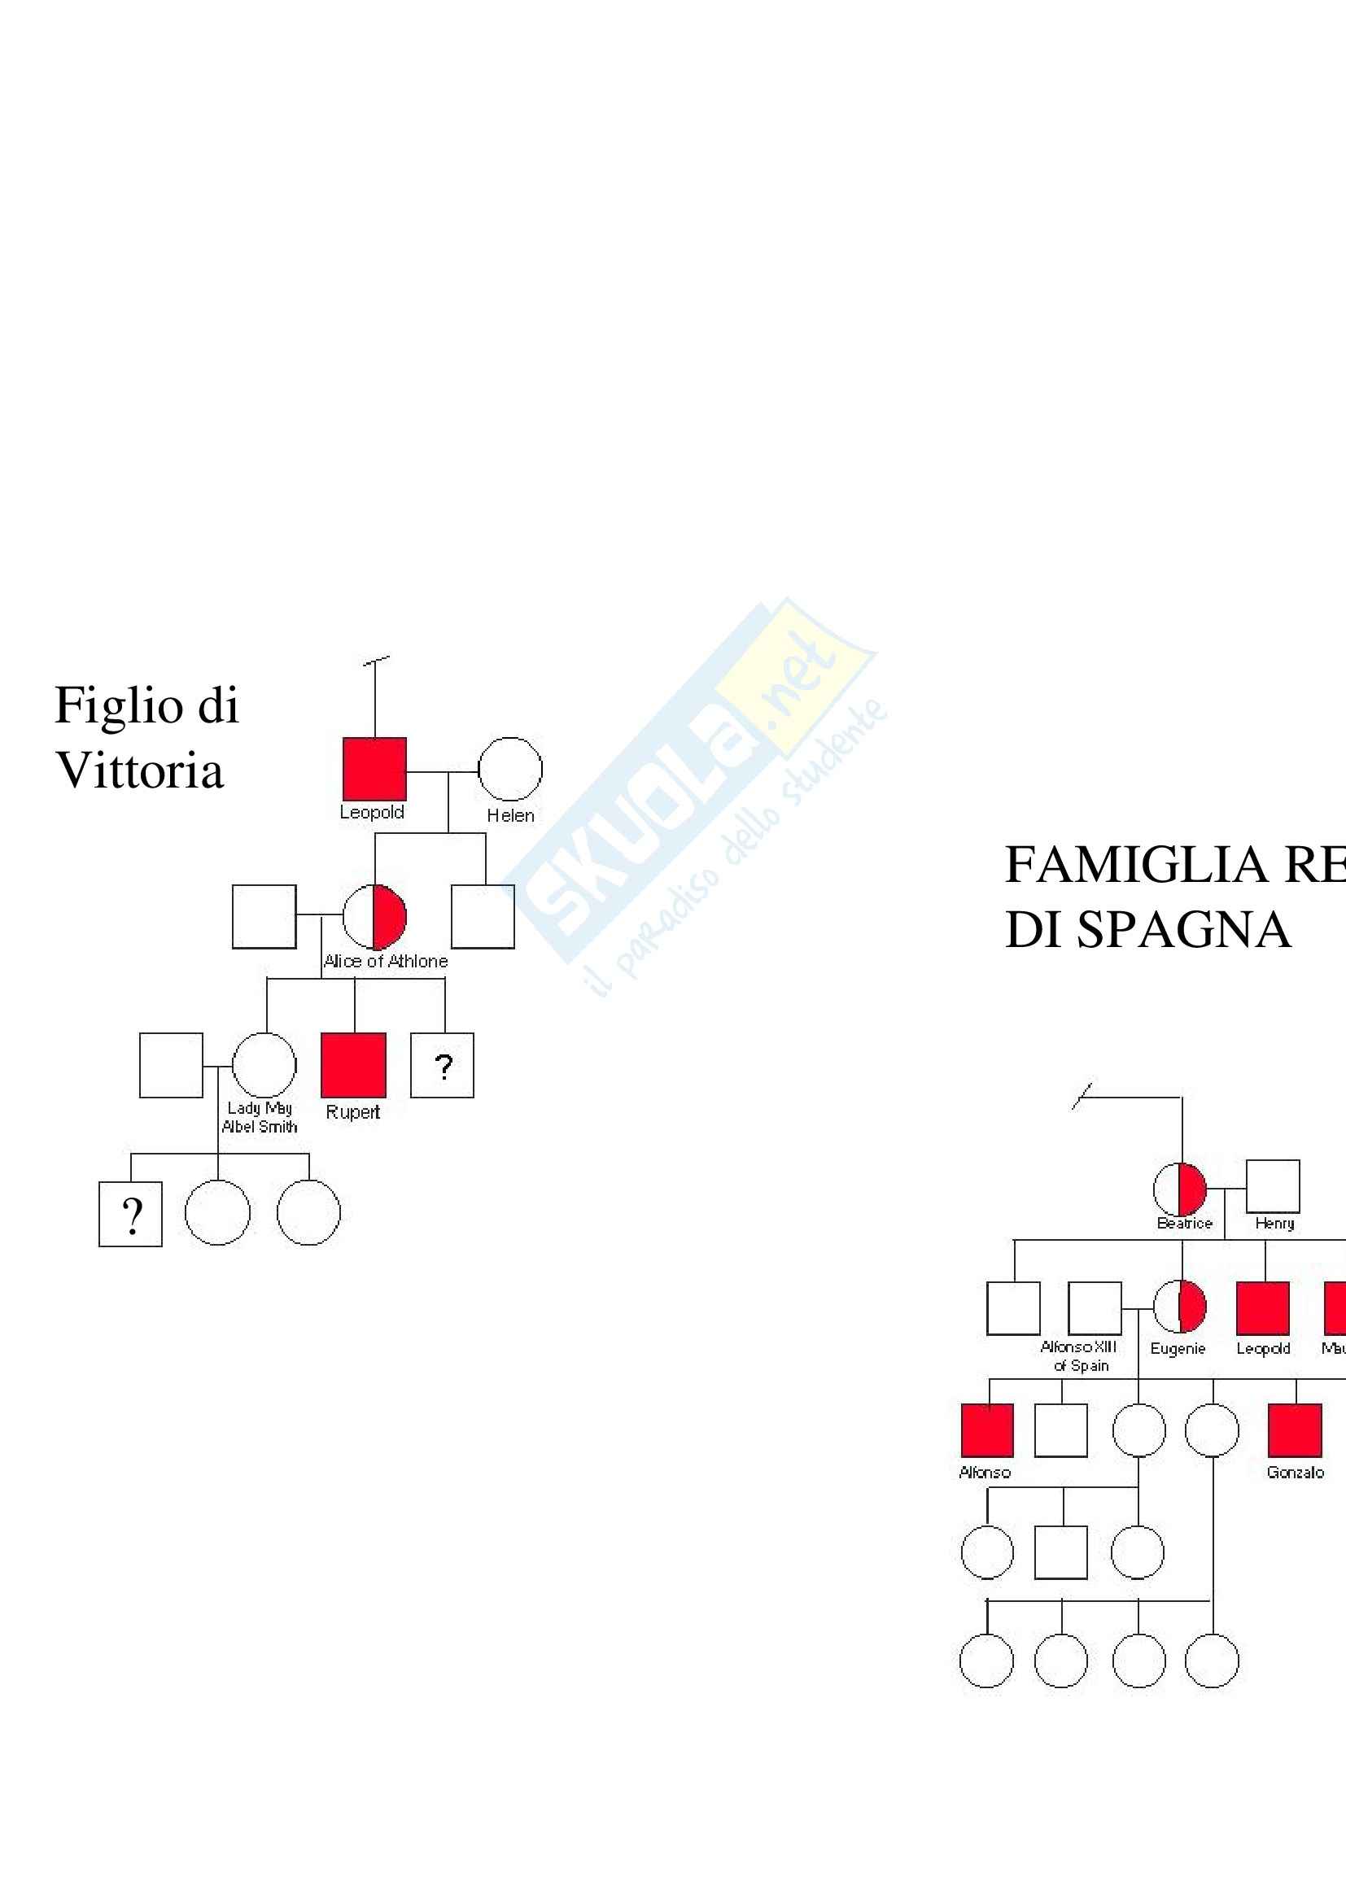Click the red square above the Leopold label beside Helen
(x=374, y=768)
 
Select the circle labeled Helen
(x=509, y=768)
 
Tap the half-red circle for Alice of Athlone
(x=374, y=916)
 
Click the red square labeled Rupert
(x=353, y=1065)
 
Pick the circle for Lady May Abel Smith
(x=264, y=1065)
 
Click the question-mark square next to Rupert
(x=443, y=1065)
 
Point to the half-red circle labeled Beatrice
(x=1179, y=1189)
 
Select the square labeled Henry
(x=1272, y=1186)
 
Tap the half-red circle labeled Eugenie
(x=1179, y=1308)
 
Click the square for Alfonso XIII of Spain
(x=1094, y=1308)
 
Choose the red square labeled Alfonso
(x=987, y=1429)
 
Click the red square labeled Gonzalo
(x=1295, y=1429)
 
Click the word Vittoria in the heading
(x=139, y=770)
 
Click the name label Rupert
(x=352, y=1112)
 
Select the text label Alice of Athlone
(x=386, y=962)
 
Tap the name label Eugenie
(x=1177, y=1348)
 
